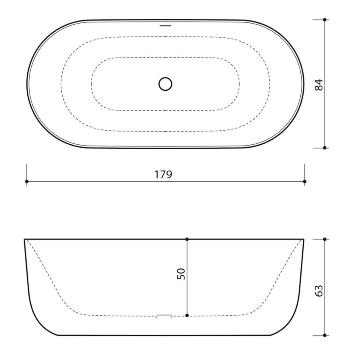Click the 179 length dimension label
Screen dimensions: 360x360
coord(164,174)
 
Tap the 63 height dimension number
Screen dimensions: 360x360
coord(318,287)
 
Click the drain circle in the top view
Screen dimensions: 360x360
coord(165,84)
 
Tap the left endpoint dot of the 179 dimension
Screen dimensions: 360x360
coord(27,182)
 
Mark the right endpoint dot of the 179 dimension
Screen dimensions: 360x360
coord(305,182)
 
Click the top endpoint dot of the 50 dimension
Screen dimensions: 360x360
coord(187,239)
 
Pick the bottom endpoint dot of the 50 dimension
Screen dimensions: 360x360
coord(187,316)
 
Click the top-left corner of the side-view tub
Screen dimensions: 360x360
coord(25,240)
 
